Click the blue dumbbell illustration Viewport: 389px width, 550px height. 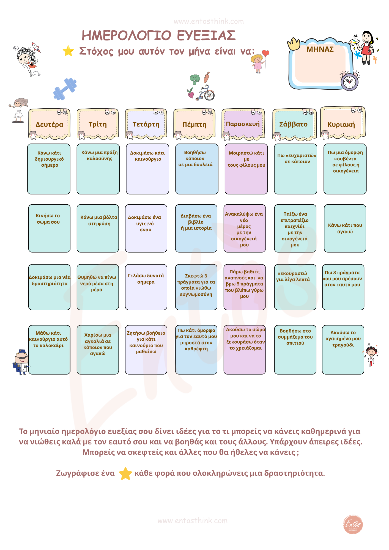point(65,89)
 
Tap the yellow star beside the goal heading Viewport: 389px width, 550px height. point(68,51)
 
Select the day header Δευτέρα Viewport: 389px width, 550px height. point(49,124)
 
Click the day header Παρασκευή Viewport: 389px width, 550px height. point(243,124)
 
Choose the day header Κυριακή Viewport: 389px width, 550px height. point(341,124)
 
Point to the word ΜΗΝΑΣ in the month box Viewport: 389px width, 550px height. point(320,49)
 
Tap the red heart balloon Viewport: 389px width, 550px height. point(265,53)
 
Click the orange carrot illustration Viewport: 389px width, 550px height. point(207,77)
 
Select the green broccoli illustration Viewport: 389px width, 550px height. point(195,79)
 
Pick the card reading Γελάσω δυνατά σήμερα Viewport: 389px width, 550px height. point(146,287)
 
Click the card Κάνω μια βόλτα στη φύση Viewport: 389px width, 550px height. point(98,228)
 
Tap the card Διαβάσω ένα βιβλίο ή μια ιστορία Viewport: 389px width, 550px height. point(196,228)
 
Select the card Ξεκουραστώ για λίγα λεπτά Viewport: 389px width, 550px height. point(295,287)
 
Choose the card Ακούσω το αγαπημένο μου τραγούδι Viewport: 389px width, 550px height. point(343,350)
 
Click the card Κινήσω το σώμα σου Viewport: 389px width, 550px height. point(49,228)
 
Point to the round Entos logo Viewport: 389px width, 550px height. point(353,524)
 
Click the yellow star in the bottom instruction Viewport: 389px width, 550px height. point(125,474)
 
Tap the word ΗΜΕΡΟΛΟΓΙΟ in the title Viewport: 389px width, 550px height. point(127,35)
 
